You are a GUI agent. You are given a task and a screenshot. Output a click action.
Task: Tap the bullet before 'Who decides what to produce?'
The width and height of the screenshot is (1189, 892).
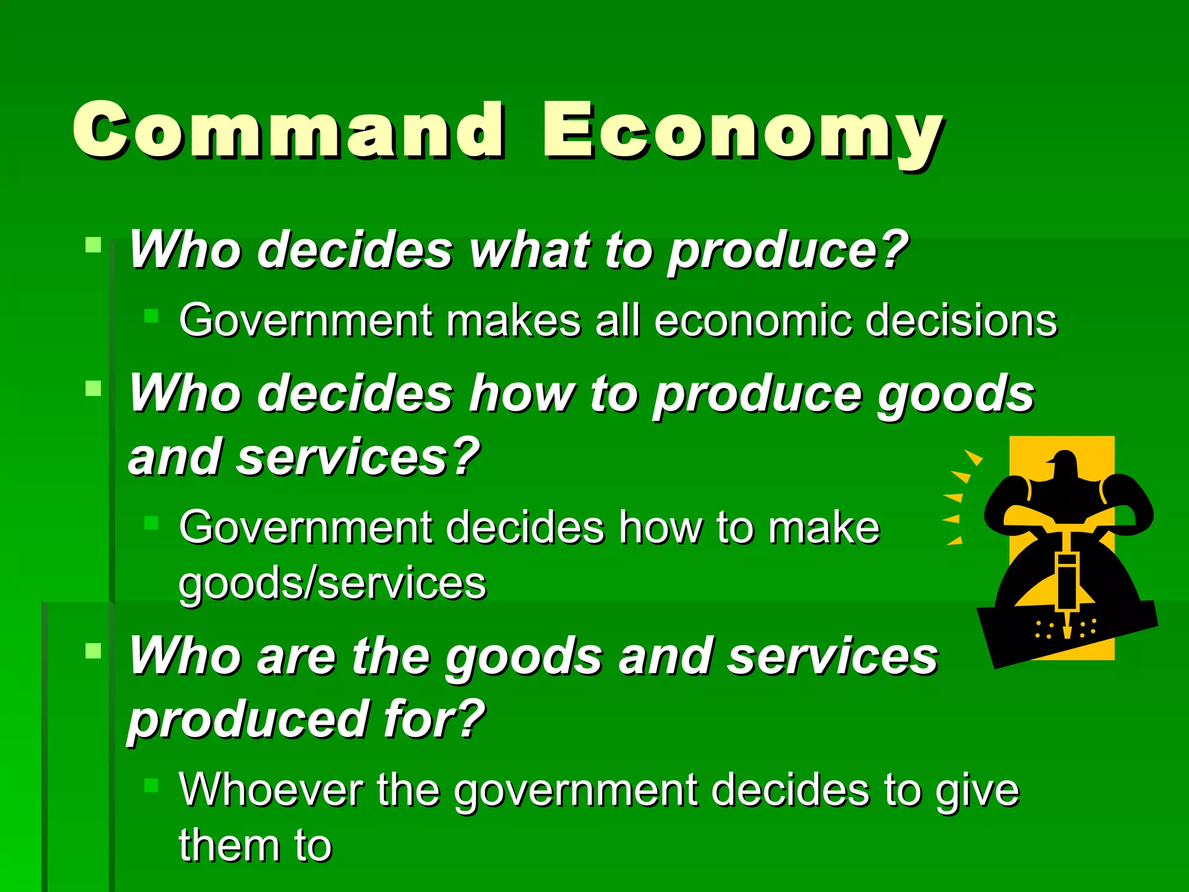click(x=93, y=244)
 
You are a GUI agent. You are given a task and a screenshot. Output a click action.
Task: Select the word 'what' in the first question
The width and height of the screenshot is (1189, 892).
click(x=528, y=250)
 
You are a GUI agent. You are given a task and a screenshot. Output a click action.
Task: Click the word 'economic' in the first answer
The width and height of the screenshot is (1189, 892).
click(x=752, y=320)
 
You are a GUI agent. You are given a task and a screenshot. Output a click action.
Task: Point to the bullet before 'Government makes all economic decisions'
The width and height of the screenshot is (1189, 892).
click(x=151, y=315)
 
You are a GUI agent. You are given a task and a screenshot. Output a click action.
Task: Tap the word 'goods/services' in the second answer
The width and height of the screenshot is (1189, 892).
click(x=332, y=583)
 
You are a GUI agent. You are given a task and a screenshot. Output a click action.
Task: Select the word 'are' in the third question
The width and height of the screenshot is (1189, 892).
click(x=297, y=657)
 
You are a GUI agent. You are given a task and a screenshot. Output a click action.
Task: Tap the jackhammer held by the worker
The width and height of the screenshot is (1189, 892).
click(x=1067, y=587)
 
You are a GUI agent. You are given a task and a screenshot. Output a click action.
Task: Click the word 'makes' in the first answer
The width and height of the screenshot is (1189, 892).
click(x=514, y=320)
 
